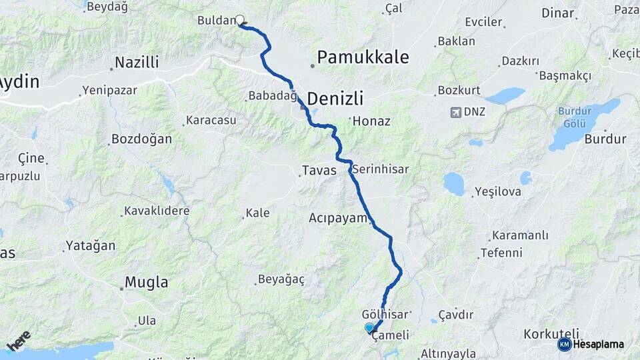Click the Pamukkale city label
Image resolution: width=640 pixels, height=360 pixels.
[363, 57]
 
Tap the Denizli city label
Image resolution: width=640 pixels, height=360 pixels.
[335, 99]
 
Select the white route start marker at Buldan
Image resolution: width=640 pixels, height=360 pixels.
[240, 20]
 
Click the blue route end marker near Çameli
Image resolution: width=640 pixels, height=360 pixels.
[369, 327]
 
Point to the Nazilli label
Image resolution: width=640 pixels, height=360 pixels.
[137, 63]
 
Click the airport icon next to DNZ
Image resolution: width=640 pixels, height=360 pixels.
[455, 111]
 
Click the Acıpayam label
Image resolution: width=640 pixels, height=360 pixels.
[338, 218]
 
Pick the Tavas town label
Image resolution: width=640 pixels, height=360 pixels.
[319, 171]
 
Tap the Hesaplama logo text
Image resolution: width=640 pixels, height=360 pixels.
[599, 345]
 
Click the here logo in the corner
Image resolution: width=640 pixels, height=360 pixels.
[19, 340]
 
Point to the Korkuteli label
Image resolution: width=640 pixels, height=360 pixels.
[551, 333]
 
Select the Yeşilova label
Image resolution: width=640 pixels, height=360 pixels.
[497, 192]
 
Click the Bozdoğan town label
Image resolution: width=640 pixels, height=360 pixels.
[141, 139]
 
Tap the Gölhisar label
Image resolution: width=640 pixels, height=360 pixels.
[384, 313]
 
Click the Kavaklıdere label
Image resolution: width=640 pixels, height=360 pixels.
[157, 211]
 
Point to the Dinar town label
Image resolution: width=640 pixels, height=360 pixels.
[557, 13]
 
